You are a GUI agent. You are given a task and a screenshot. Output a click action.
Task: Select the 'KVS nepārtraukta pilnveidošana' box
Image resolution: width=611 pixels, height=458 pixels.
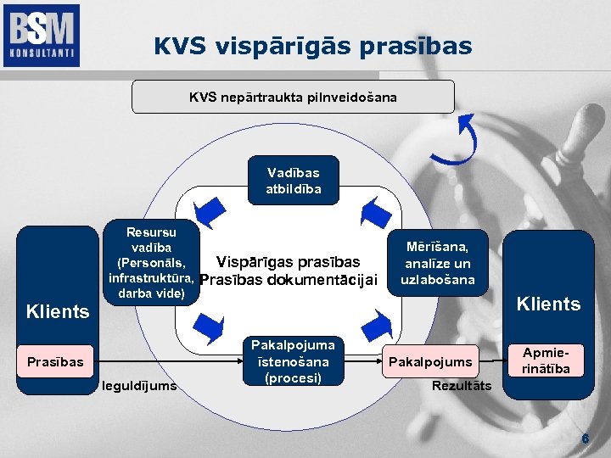[x=293, y=98]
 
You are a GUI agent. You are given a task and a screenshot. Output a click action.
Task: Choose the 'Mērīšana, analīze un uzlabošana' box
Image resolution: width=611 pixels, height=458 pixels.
[x=438, y=263]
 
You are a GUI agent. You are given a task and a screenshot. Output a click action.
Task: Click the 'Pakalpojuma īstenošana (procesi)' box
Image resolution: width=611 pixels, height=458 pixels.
[x=293, y=361]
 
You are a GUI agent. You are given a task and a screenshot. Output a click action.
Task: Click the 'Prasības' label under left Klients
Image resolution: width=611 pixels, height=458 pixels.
[x=55, y=362]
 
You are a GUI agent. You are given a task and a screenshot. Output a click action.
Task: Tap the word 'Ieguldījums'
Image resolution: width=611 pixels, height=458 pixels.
[x=138, y=386]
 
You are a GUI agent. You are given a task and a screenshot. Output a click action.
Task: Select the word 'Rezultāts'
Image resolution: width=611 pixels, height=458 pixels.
[x=461, y=387]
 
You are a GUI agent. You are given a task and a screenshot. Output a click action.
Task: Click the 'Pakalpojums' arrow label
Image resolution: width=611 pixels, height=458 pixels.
[x=430, y=362]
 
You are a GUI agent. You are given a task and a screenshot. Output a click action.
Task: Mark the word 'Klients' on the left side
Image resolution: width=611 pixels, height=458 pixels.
[x=58, y=311]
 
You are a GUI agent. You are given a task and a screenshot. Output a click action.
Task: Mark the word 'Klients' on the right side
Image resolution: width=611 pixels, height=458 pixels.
[x=549, y=304]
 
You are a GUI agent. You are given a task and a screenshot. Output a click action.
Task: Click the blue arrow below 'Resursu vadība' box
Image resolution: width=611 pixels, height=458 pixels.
[x=209, y=325]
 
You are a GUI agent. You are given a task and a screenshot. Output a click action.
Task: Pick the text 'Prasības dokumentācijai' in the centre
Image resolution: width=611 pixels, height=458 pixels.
[x=288, y=281]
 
